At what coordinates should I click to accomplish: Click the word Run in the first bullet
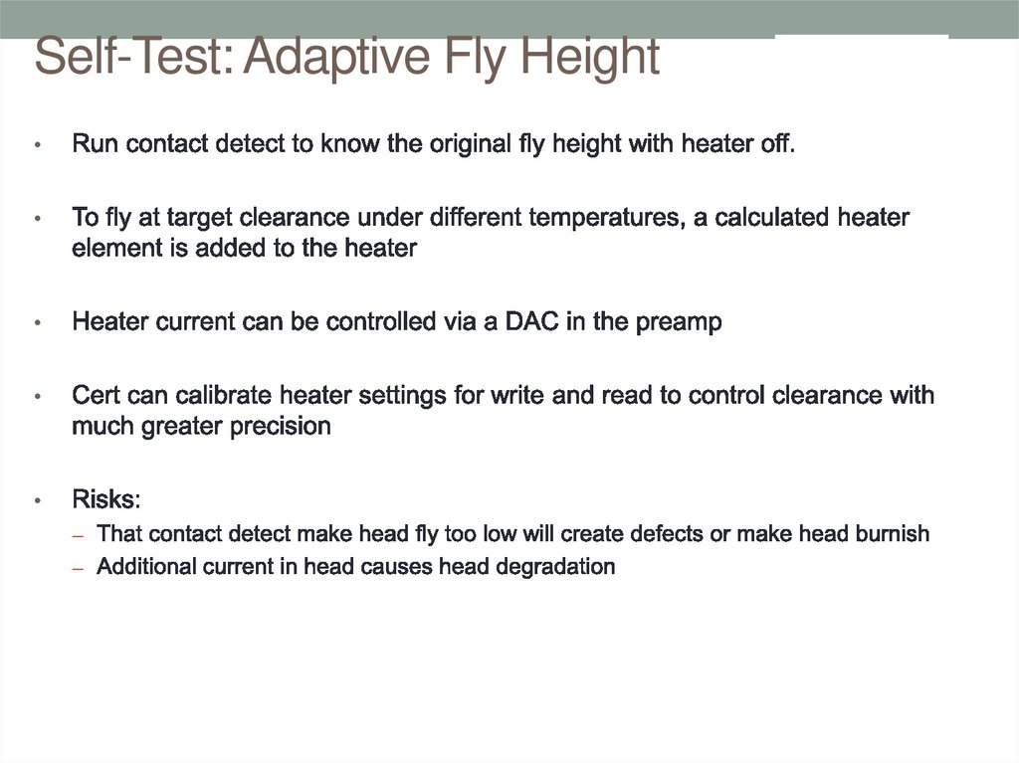pyautogui.click(x=92, y=144)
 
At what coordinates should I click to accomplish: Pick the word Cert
pyautogui.click(x=97, y=396)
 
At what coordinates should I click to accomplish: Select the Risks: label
pyautogui.click(x=106, y=499)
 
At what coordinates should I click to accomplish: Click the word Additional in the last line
pyautogui.click(x=141, y=567)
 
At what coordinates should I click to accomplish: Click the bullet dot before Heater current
pyautogui.click(x=38, y=324)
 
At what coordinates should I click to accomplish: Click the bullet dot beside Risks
pyautogui.click(x=38, y=500)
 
